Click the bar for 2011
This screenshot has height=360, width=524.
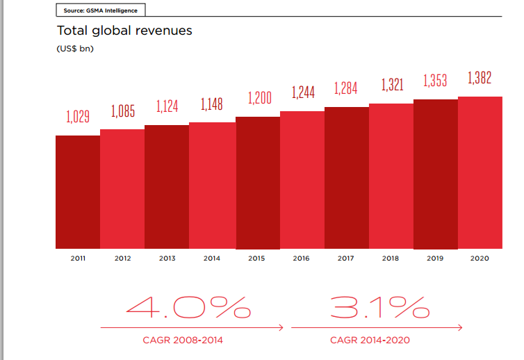[78, 192]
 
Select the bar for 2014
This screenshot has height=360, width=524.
[212, 186]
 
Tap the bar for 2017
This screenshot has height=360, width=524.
[346, 178]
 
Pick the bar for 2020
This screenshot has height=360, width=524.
[480, 172]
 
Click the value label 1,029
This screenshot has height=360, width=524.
[78, 117]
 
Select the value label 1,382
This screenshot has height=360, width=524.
[480, 78]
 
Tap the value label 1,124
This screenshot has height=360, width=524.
[167, 106]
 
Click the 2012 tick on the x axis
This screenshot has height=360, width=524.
[122, 259]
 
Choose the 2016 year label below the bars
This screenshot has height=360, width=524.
[301, 259]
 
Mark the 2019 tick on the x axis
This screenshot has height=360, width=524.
[435, 259]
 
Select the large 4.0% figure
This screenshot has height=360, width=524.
[188, 307]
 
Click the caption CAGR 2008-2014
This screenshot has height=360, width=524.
[183, 340]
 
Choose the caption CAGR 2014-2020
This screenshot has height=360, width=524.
[370, 340]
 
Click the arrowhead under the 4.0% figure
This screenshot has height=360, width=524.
[281, 327]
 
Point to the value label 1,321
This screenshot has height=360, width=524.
[392, 85]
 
